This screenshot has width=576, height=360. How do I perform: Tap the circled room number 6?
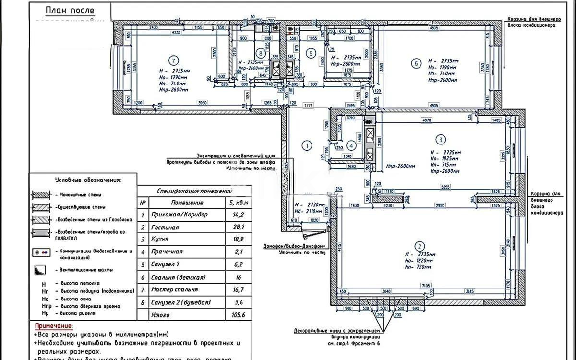[x=417, y=62]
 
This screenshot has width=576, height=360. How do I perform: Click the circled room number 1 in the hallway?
[x=306, y=144]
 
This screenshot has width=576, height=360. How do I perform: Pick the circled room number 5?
[x=311, y=53]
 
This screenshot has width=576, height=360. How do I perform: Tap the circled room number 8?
[x=261, y=53]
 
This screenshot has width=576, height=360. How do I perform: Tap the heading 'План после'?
[x=70, y=11]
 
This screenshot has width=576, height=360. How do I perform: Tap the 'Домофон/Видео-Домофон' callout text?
[x=294, y=247]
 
